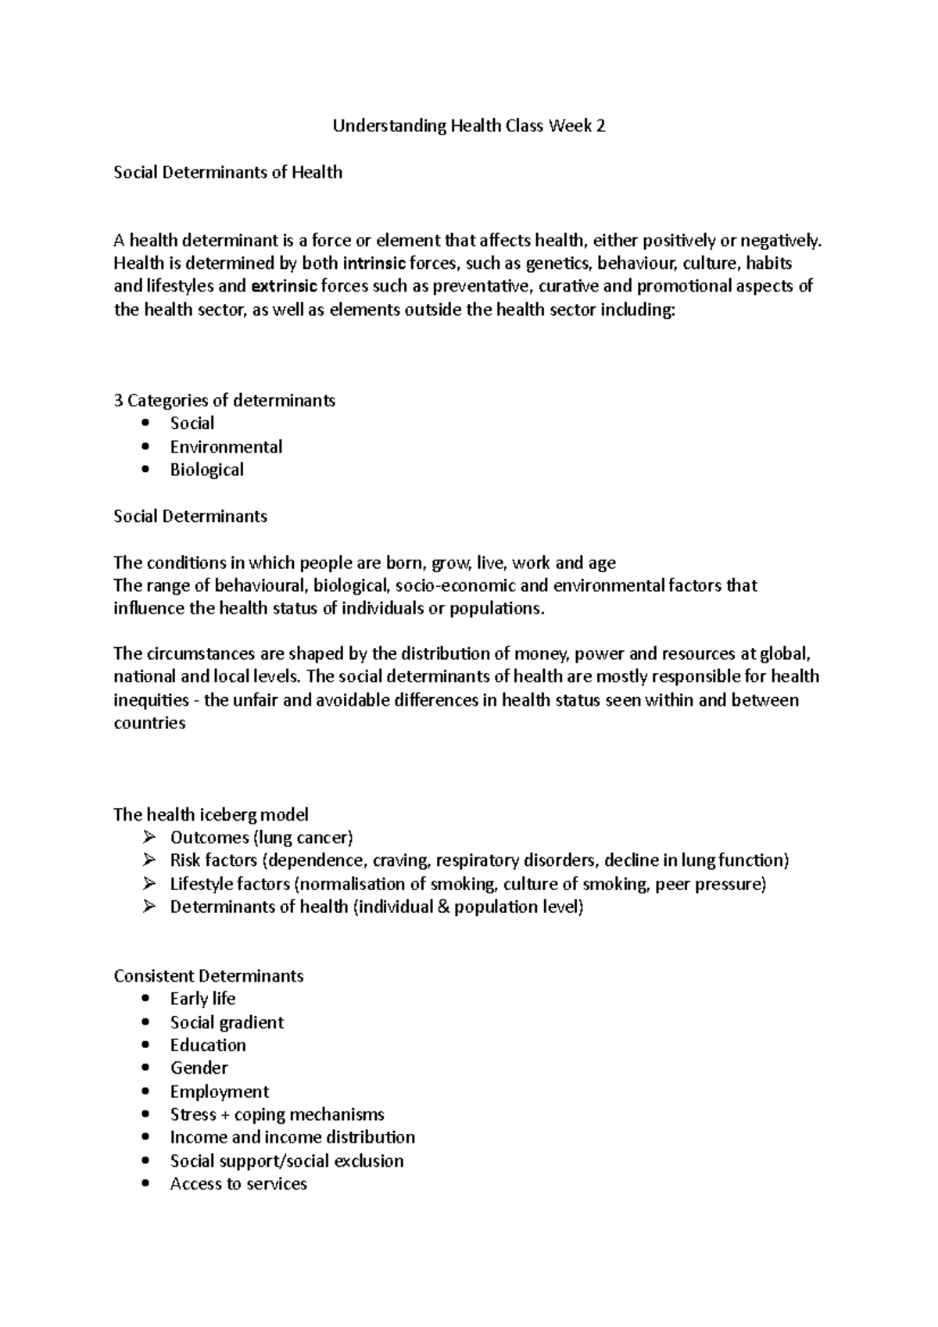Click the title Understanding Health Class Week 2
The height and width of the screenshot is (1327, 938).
pos(469,126)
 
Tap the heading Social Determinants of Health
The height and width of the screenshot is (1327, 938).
pos(227,172)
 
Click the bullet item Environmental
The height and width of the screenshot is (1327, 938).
pos(226,447)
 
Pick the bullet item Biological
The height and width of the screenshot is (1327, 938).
pos(206,470)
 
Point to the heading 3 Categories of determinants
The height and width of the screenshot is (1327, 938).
pos(224,401)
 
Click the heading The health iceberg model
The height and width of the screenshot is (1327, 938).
pos(211,814)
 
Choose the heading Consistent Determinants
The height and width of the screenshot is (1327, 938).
pos(208,976)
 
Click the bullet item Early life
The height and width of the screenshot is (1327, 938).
pos(202,999)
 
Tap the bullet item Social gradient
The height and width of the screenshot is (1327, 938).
pos(227,1022)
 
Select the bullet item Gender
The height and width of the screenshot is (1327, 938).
pos(199,1068)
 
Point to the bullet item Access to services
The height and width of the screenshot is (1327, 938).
pos(238,1184)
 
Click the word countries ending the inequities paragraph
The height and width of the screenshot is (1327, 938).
pos(149,723)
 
